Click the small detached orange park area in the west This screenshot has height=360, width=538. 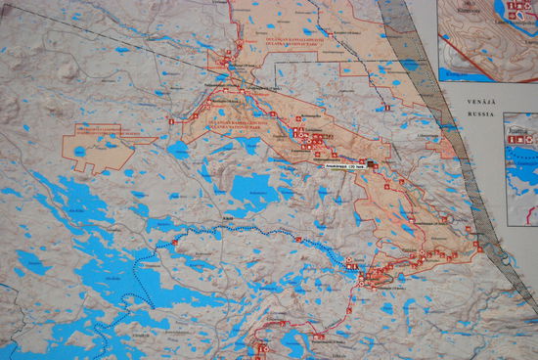pyautogui.click(x=98, y=148)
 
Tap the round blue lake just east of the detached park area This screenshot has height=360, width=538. pyautogui.click(x=178, y=151)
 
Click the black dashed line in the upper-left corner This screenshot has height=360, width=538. pyautogui.click(x=98, y=39)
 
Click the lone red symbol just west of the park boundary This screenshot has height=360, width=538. pyautogui.click(x=170, y=121)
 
